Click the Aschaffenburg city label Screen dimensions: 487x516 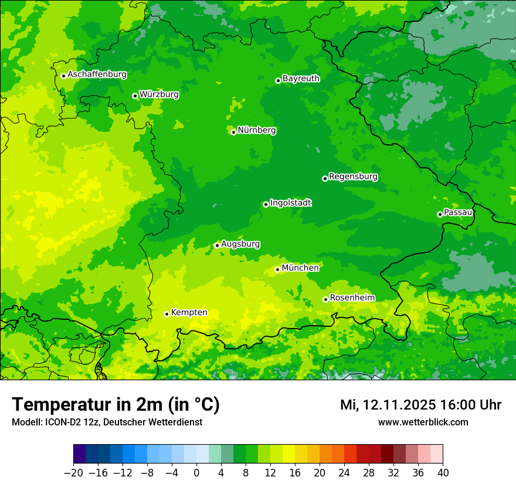pyautogui.click(x=97, y=75)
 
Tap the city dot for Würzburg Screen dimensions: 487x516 pyautogui.click(x=135, y=96)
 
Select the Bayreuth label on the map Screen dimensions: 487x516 pyautogui.click(x=301, y=78)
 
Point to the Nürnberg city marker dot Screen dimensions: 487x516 pyautogui.click(x=233, y=132)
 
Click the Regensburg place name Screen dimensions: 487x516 pyautogui.click(x=353, y=176)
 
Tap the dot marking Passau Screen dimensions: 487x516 pyautogui.click(x=440, y=214)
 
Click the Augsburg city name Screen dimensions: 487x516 pyautogui.click(x=240, y=243)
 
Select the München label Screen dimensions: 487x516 pyautogui.click(x=300, y=268)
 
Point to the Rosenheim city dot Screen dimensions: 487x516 pyautogui.click(x=325, y=299)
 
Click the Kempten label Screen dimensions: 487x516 pyautogui.click(x=189, y=312)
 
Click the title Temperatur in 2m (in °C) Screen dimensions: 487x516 pyautogui.click(x=116, y=404)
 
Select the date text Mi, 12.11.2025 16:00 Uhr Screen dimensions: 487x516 pyautogui.click(x=420, y=405)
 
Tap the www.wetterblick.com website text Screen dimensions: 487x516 pyautogui.click(x=423, y=422)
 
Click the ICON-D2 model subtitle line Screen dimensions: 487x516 pyautogui.click(x=107, y=422)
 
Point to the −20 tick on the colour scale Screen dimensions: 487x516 pyautogui.click(x=73, y=473)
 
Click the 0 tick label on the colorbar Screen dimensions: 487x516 pyautogui.click(x=196, y=473)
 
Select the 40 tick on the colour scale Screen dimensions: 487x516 pyautogui.click(x=443, y=473)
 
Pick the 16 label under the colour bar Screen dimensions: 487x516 pyautogui.click(x=295, y=473)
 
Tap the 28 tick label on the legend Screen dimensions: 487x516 pyautogui.click(x=369, y=473)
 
